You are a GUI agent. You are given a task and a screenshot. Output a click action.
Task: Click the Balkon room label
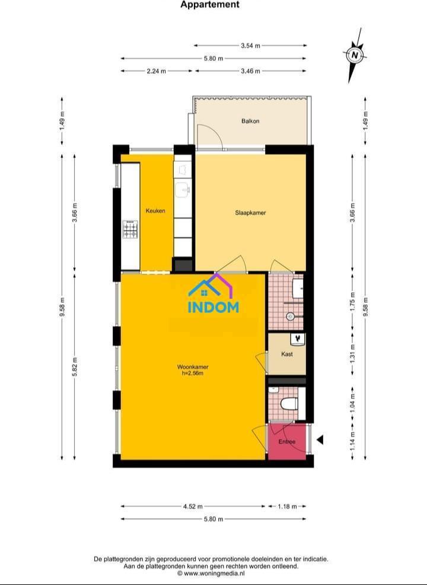coord(250,121)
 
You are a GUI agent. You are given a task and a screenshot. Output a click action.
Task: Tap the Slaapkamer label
coord(250,213)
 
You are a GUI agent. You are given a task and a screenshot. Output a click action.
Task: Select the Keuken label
coord(155,211)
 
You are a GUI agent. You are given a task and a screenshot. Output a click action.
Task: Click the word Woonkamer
coord(193,367)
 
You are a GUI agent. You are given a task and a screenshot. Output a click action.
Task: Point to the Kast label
coord(287,354)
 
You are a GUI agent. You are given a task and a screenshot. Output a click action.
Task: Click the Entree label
coord(287,442)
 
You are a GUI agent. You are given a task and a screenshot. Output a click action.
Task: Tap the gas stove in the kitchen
coord(130,229)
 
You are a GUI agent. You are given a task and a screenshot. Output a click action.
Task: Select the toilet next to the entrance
coord(289,403)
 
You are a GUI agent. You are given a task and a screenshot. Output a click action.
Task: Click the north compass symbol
coord(355,55)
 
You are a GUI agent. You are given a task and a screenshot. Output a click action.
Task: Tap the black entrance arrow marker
coord(320,440)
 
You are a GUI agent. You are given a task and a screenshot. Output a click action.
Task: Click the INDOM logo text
coord(213,307)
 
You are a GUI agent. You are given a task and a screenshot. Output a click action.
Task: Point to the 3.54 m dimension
coord(250,46)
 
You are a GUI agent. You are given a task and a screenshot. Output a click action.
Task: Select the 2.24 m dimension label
coord(157,71)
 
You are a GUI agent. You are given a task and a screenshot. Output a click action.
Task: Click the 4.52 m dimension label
coord(193,506)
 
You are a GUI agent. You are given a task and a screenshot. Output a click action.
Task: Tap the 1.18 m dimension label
coord(288,506)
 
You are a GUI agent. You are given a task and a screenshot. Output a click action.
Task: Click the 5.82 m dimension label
coord(75,367)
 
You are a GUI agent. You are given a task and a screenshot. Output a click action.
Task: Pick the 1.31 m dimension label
coord(353,353)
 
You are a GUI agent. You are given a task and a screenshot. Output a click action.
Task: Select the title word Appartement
coord(210,5)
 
